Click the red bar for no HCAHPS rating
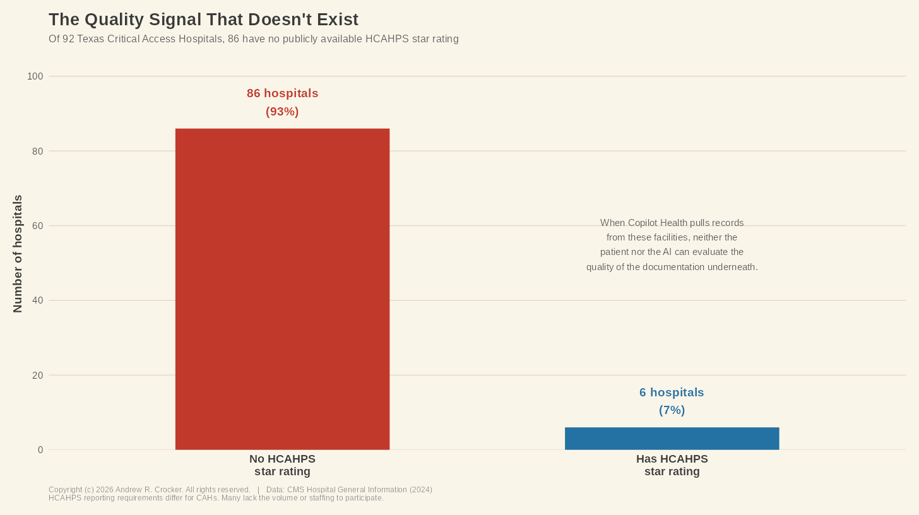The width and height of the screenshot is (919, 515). click(x=282, y=289)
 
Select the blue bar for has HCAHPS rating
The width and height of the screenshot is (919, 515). click(x=672, y=439)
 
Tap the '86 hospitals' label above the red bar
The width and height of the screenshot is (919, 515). click(x=282, y=93)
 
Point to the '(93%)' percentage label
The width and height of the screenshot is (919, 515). click(x=282, y=112)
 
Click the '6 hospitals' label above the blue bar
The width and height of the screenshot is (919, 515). click(x=672, y=393)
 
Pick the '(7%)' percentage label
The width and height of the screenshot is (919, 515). click(x=672, y=410)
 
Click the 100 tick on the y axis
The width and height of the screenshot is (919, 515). click(x=35, y=76)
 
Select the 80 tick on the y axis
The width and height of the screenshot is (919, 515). click(x=37, y=151)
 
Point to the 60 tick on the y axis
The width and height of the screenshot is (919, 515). click(x=37, y=226)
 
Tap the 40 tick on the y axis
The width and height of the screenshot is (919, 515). click(x=37, y=300)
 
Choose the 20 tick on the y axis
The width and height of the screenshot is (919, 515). click(x=37, y=376)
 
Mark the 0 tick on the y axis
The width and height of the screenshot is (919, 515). click(x=40, y=450)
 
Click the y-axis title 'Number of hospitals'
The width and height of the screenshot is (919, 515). click(x=18, y=254)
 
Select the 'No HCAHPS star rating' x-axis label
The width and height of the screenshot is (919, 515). click(x=282, y=465)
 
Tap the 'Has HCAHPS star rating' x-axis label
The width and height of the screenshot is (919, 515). click(x=672, y=465)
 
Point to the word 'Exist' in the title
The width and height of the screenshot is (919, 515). click(x=337, y=20)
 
